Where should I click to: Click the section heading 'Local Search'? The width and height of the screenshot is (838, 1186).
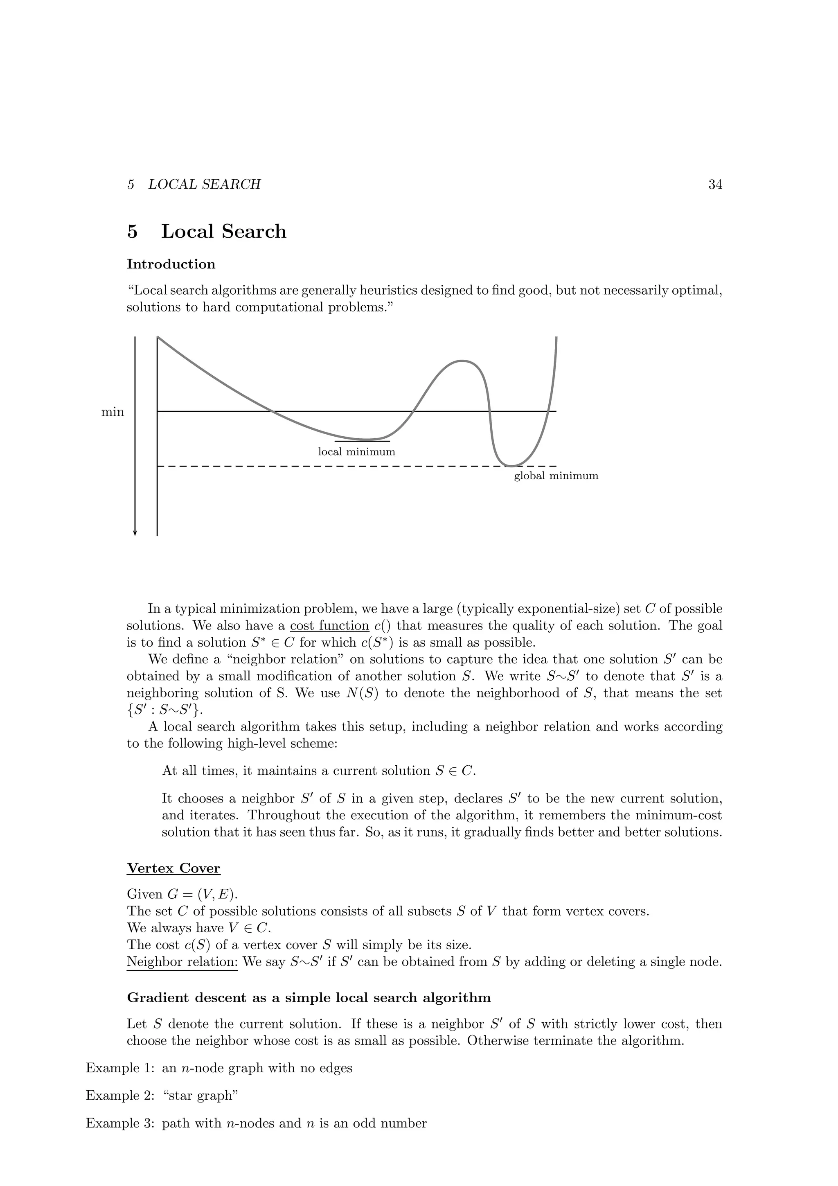[x=223, y=231]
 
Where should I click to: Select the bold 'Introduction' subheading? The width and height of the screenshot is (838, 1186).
[x=171, y=264]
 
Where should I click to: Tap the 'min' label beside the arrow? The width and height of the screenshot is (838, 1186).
[x=113, y=412]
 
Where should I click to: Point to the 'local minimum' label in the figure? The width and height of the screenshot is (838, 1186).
[x=356, y=452]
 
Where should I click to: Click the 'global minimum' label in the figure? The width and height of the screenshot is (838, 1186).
[x=556, y=476]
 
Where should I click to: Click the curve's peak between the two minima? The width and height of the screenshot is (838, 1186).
[x=462, y=361]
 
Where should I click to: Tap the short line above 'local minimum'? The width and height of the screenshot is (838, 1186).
[x=362, y=442]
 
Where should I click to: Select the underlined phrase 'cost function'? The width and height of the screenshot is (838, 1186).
[x=329, y=626]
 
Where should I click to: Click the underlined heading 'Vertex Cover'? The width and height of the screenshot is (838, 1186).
[x=173, y=868]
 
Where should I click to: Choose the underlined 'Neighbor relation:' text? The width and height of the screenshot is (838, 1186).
[x=182, y=962]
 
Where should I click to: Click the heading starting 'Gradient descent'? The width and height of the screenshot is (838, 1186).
[x=309, y=997]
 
